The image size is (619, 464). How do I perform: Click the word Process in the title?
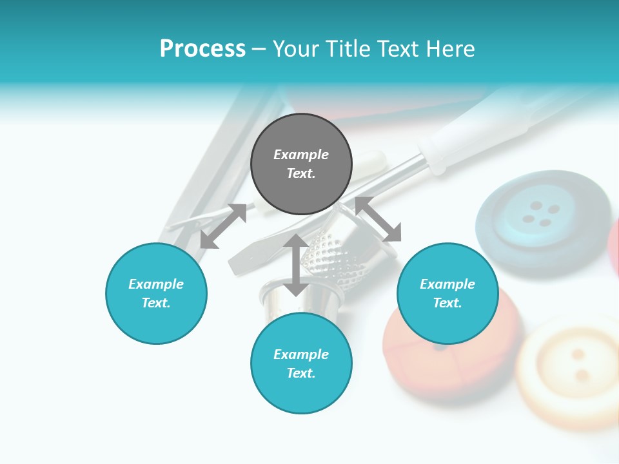click(x=202, y=49)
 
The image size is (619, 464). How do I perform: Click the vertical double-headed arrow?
click(x=296, y=265)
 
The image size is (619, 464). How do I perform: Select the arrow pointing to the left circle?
click(x=223, y=226)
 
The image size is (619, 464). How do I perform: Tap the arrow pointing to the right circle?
click(x=378, y=219)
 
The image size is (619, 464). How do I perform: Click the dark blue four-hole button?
click(x=542, y=219)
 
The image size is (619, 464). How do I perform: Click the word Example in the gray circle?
click(x=301, y=155)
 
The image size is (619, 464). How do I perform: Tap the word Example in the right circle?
click(x=447, y=284)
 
